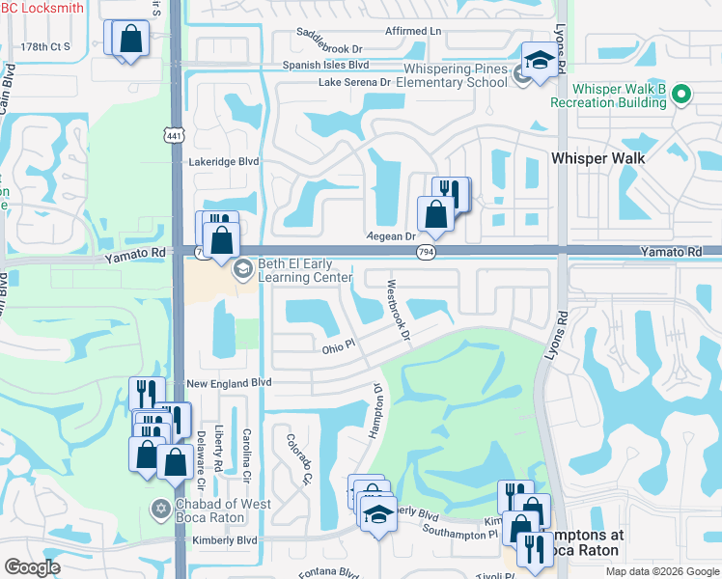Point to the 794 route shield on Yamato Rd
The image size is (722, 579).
point(425,251)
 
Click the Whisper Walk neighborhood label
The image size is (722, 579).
point(597,157)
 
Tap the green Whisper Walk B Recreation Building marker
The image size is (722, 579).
point(681,95)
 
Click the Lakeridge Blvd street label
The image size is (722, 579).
point(224,162)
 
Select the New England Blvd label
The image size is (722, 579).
point(230,383)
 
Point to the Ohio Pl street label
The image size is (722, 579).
point(339,348)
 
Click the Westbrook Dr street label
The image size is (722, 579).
point(398,310)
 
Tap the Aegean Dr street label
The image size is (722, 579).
point(391,235)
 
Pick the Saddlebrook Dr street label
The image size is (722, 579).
point(329,47)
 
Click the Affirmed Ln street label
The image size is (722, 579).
point(413,31)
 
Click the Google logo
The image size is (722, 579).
point(32,566)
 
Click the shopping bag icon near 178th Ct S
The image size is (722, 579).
point(130,41)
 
